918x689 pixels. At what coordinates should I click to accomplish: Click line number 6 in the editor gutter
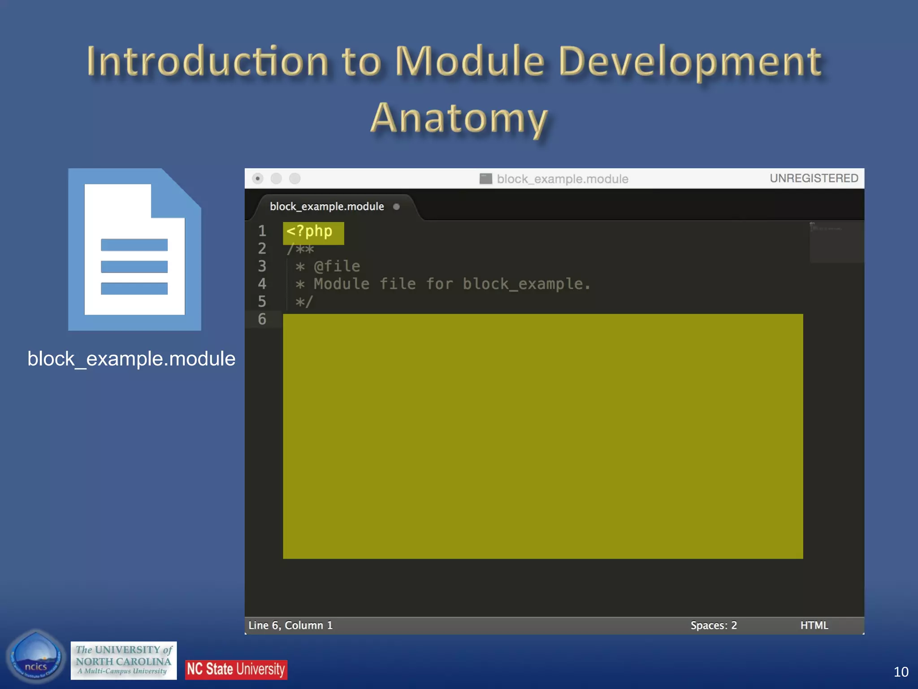(x=262, y=319)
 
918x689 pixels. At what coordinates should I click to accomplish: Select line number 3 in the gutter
(x=262, y=266)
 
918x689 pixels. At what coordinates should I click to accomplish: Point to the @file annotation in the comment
(x=337, y=266)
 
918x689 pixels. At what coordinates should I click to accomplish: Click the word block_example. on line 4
(x=526, y=284)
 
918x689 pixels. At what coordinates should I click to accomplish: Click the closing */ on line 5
(x=303, y=302)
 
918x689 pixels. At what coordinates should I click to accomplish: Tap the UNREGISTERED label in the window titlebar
(x=814, y=179)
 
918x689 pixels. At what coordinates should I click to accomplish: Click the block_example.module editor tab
(x=327, y=207)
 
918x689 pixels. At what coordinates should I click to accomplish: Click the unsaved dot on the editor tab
(x=396, y=207)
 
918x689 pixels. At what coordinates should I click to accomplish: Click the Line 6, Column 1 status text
(x=290, y=625)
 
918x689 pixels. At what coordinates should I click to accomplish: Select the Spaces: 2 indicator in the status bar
(x=714, y=625)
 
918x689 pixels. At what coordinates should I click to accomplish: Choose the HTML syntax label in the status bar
(x=814, y=625)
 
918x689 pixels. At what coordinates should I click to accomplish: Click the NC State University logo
(x=236, y=669)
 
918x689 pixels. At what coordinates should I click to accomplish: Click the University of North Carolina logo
(x=124, y=660)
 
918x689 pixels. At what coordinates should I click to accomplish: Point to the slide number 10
(x=901, y=672)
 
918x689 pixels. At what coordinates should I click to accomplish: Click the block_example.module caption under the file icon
(x=131, y=359)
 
